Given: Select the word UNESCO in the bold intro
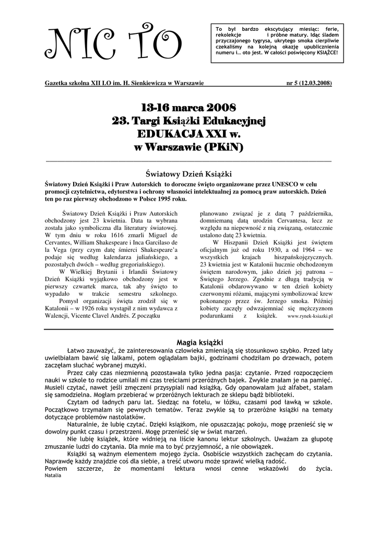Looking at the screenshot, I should [x=271, y=184].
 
